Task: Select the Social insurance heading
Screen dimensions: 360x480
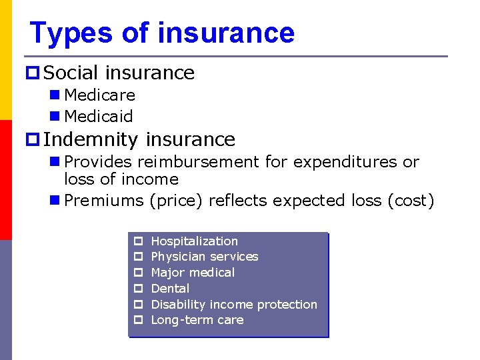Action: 119,73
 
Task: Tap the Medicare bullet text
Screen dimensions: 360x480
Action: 99,95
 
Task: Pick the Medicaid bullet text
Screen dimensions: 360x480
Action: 98,116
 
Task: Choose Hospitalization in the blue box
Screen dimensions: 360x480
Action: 194,241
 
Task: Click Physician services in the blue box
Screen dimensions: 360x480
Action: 205,257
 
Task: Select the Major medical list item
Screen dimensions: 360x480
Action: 193,273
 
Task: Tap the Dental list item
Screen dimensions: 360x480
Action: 170,289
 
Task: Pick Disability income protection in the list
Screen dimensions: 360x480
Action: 234,305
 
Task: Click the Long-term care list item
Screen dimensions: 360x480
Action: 197,320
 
